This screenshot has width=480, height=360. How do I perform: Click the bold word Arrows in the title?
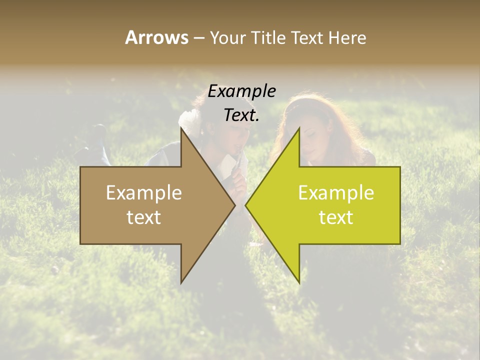(156, 37)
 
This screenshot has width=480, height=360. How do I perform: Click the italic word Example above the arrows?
(241, 91)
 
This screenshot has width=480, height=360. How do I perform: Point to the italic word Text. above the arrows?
(241, 115)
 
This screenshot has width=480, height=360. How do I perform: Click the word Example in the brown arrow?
(144, 192)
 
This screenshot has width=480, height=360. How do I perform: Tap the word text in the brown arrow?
(144, 217)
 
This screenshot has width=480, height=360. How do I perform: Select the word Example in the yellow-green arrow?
(336, 192)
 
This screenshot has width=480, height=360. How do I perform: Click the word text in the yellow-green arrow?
(336, 217)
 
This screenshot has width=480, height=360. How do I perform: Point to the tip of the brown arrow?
(235, 205)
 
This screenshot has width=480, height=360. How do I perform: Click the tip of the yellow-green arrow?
(245, 205)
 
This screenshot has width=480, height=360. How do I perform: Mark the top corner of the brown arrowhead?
(181, 128)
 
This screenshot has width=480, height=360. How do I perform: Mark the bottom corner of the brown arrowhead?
(181, 282)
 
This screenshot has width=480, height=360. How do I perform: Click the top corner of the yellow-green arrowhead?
(299, 128)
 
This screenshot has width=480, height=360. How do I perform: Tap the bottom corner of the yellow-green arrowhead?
(299, 282)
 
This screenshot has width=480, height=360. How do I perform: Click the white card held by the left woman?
(229, 162)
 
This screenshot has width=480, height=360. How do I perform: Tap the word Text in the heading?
(308, 37)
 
